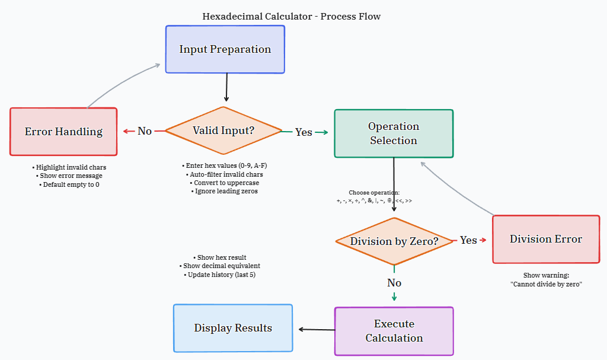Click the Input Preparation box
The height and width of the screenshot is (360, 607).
(225, 49)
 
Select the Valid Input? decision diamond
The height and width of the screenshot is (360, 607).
(223, 130)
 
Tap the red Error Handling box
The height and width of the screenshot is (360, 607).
(63, 132)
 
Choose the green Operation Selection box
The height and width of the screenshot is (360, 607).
(394, 133)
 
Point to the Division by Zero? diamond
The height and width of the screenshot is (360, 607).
(394, 241)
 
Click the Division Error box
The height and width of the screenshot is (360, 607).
(546, 239)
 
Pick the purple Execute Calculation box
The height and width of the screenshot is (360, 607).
(394, 331)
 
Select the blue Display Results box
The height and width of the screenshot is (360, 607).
(233, 328)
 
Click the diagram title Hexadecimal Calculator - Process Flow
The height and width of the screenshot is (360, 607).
(292, 17)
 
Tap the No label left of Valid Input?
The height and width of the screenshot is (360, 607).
(145, 131)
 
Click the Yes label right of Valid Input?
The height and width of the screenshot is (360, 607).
(303, 132)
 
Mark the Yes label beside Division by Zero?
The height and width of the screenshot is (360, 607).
(468, 240)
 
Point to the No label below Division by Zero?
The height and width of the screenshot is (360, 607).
(394, 283)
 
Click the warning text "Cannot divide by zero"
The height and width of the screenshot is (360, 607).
(546, 284)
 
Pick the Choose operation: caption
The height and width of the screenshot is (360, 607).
(374, 193)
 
